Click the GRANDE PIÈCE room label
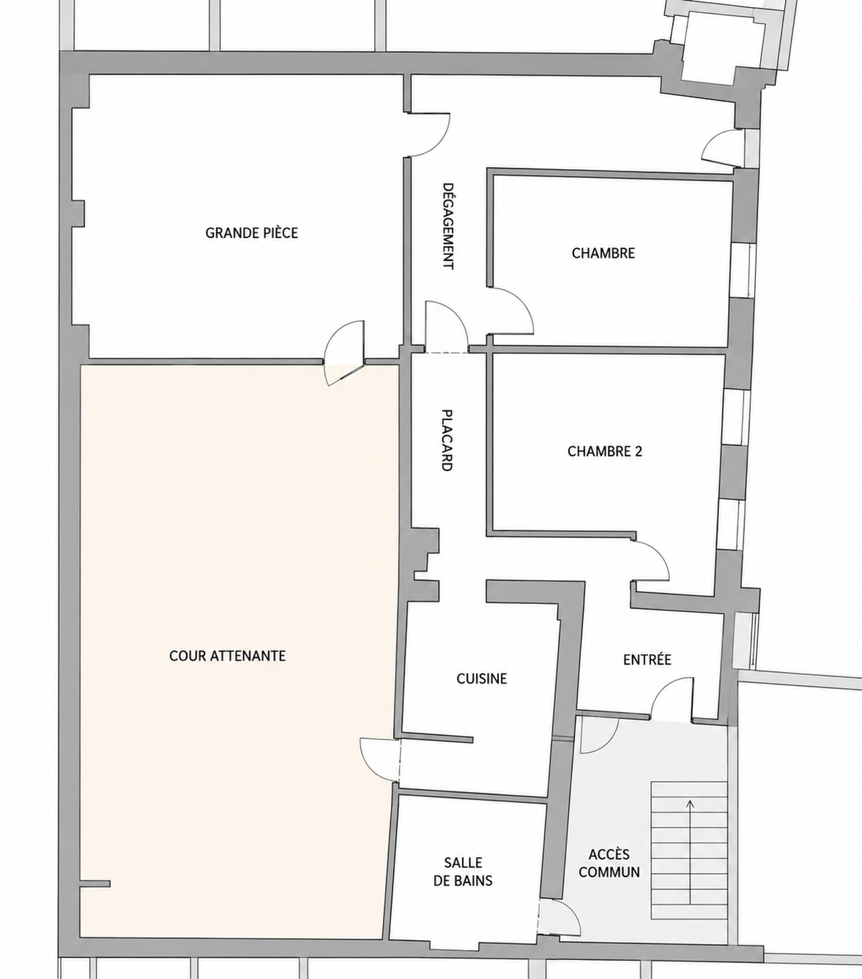click(252, 233)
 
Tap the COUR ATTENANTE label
click(227, 656)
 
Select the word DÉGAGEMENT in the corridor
click(447, 226)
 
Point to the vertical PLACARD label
click(447, 440)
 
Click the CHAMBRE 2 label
click(604, 451)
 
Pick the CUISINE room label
click(482, 679)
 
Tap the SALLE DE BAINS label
click(463, 872)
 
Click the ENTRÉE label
click(647, 660)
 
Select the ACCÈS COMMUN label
click(609, 863)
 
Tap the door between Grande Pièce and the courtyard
click(345, 353)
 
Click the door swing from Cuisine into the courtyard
click(380, 759)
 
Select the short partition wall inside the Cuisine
click(437, 737)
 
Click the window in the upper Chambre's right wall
click(745, 270)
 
